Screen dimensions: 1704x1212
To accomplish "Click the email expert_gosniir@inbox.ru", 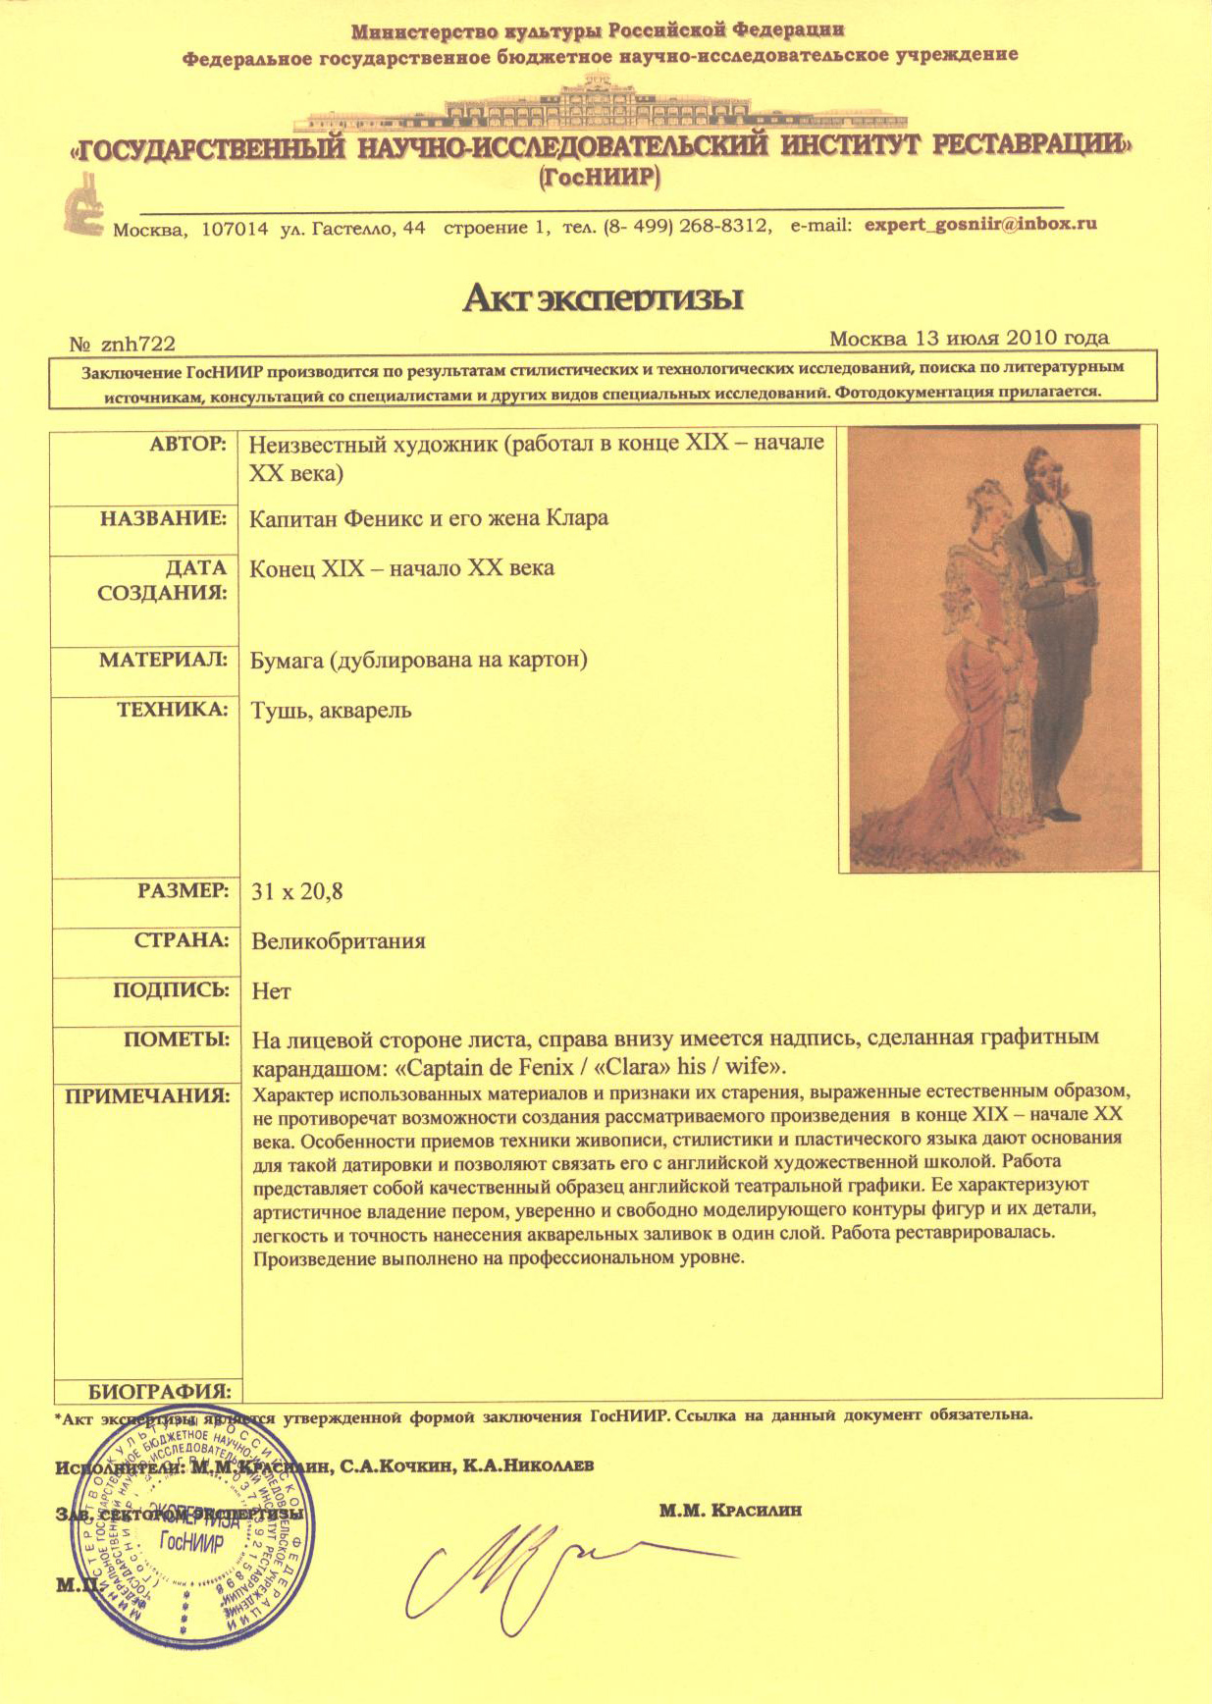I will [x=978, y=224].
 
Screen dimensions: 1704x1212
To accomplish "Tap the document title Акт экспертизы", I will [x=602, y=296].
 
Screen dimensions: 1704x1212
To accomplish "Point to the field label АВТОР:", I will [x=188, y=444].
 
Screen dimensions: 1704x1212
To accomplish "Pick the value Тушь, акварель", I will [x=332, y=710].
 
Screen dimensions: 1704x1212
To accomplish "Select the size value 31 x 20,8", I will [x=296, y=891].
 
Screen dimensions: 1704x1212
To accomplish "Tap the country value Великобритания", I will [x=339, y=940].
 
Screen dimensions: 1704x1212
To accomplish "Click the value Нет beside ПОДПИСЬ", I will [x=271, y=990].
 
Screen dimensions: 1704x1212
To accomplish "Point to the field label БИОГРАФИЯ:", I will [x=160, y=1391].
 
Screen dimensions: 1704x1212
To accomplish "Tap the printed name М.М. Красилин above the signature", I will [x=730, y=1510].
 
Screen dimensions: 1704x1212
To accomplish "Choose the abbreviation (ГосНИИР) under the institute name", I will [x=601, y=178].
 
